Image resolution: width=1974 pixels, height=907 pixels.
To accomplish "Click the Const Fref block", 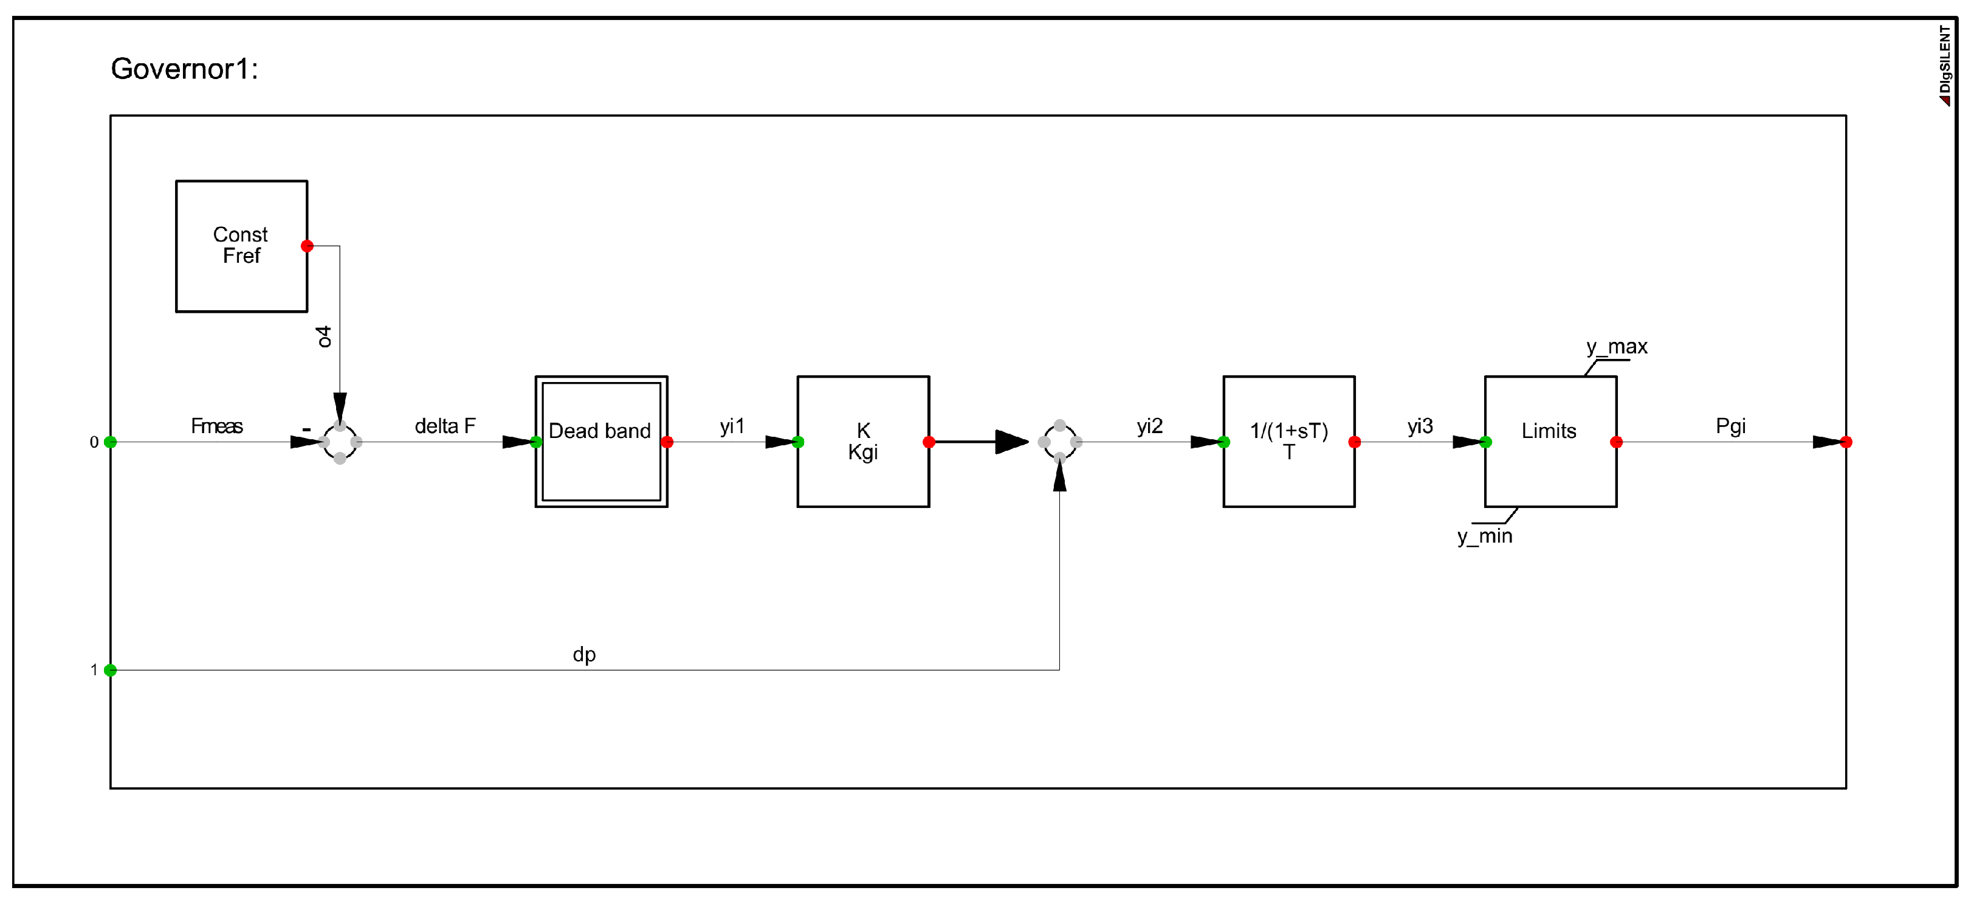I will click(241, 246).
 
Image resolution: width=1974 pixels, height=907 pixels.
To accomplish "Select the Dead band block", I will click(601, 442).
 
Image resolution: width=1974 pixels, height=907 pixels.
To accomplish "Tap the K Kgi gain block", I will click(863, 442).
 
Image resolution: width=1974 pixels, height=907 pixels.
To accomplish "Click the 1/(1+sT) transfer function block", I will click(1289, 442).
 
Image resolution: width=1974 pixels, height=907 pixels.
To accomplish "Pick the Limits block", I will click(1550, 442).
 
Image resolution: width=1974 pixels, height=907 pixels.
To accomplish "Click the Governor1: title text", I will click(184, 69).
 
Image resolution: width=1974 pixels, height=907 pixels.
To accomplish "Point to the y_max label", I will click(1617, 347).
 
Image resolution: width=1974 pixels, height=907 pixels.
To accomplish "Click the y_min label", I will click(1484, 536).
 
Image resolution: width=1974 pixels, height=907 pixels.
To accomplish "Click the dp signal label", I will click(584, 654).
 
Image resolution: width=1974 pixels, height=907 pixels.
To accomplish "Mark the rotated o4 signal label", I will click(324, 336).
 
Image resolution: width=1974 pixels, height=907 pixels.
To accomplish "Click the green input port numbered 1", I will click(111, 670).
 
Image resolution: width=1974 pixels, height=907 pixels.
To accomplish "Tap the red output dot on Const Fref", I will click(308, 246).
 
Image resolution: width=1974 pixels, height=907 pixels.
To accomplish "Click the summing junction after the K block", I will click(1060, 442).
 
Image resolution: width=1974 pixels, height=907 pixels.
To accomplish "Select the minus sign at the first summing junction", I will click(306, 429).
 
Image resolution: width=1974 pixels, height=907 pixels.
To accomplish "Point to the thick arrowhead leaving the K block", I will click(1011, 442).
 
